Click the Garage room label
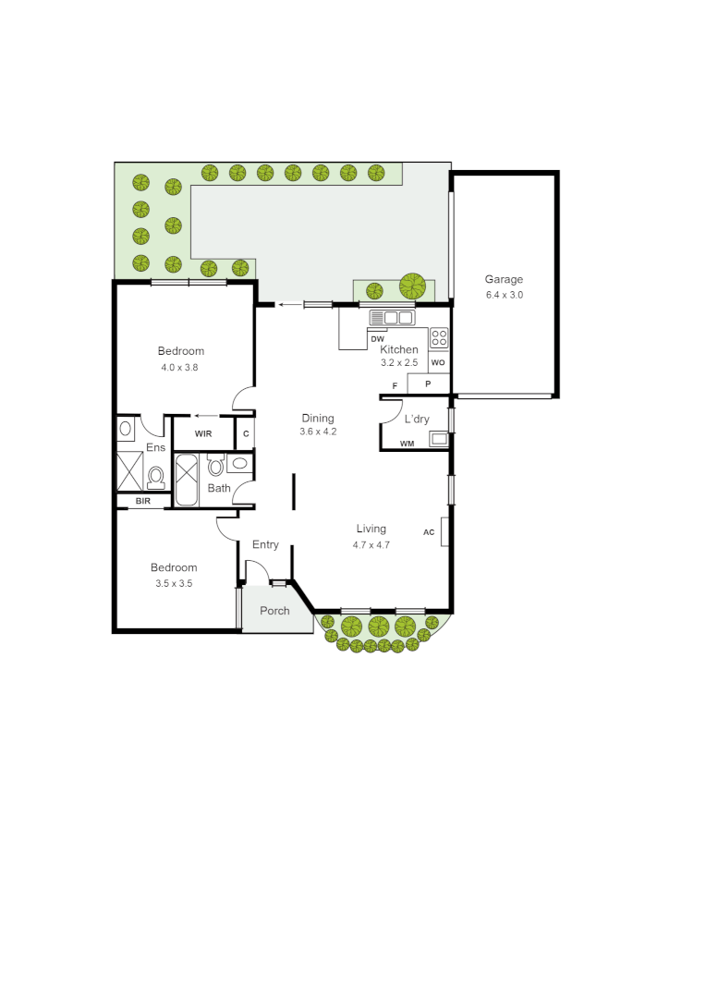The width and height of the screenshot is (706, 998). [x=505, y=279]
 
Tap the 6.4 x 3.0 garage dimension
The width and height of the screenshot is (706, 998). [x=505, y=296]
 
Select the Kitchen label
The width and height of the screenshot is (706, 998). [x=399, y=349]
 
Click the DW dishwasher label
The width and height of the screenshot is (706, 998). [x=377, y=339]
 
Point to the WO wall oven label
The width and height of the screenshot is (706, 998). [x=438, y=363]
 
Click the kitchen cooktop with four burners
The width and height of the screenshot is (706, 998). [x=439, y=337]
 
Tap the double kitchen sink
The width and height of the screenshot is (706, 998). [x=392, y=318]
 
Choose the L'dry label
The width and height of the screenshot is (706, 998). [x=417, y=419]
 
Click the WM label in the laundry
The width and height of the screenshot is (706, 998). [x=407, y=444]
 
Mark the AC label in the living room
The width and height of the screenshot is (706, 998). [x=429, y=532]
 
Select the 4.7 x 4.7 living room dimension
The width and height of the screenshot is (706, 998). [x=371, y=545]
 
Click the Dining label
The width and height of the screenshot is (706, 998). [x=318, y=418]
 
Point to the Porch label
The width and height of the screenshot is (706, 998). [x=274, y=611]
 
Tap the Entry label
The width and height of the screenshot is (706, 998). [x=265, y=544]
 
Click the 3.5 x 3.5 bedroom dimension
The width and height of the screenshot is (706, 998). [x=174, y=584]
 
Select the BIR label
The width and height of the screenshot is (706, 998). [x=143, y=501]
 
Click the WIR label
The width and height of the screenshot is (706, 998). [x=203, y=432]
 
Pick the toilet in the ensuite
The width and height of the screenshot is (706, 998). [x=155, y=476]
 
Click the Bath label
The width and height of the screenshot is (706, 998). [x=219, y=488]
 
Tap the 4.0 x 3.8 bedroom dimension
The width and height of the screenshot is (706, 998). [x=179, y=367]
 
